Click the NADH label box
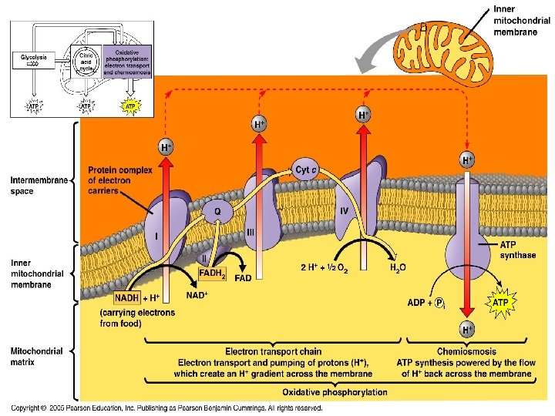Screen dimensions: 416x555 click(126, 297)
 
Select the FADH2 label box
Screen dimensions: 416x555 click(212, 273)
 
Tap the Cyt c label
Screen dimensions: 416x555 click(306, 169)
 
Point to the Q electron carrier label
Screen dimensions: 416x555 click(218, 210)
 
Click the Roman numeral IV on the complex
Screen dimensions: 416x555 click(345, 210)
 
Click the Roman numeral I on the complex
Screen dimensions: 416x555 click(156, 236)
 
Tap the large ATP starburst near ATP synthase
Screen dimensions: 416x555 click(500, 303)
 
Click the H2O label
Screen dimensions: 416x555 click(397, 267)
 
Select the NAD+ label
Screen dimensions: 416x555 click(198, 294)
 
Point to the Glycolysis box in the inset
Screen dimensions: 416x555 click(33, 57)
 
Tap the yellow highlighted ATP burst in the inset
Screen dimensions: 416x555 click(130, 106)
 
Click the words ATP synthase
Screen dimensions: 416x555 click(517, 250)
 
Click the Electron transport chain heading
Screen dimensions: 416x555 click(273, 351)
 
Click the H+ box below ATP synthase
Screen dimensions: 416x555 click(467, 330)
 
